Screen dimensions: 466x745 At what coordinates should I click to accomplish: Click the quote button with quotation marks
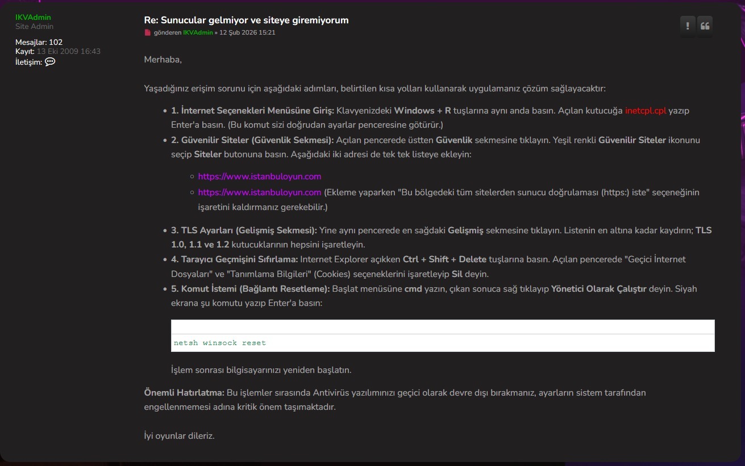tap(705, 26)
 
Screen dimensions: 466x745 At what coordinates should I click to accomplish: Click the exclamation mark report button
tap(688, 26)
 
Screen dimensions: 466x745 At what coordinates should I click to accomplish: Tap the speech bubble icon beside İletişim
tap(50, 62)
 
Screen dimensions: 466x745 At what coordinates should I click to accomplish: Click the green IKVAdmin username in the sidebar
tap(33, 18)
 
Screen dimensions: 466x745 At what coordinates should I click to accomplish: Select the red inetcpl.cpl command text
tap(646, 111)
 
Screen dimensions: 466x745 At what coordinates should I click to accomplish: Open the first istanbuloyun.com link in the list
tap(260, 177)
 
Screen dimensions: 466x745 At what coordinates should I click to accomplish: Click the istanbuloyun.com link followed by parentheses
tap(260, 192)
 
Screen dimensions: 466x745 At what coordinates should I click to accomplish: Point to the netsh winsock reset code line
tap(220, 343)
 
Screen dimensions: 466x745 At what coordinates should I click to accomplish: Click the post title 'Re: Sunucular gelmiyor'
tap(246, 20)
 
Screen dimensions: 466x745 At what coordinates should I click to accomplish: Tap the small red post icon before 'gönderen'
tap(148, 33)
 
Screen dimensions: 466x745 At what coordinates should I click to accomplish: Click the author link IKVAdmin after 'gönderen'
tap(198, 33)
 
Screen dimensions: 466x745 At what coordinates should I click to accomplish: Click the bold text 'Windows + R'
tap(422, 111)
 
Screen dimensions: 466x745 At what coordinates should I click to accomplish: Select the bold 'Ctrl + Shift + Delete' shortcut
tap(444, 259)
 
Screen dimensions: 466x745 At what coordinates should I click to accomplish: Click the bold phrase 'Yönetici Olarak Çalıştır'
tap(599, 289)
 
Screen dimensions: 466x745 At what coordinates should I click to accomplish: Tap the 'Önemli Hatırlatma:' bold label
tap(184, 393)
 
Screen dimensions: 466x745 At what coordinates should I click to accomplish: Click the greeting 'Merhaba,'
tap(163, 60)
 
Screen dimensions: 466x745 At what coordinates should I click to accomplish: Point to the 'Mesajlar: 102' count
tap(39, 42)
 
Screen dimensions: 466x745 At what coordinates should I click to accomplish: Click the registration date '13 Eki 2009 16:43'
tap(69, 52)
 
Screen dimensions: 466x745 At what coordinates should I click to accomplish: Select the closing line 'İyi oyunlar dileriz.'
tap(180, 436)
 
